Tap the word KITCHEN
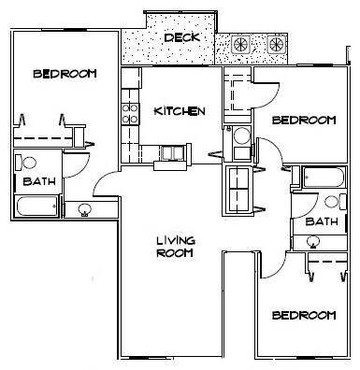point(179,111)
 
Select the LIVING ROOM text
point(175,246)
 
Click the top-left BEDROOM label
point(63,75)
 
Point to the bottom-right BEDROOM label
point(303,316)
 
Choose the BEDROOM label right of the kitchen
point(303,121)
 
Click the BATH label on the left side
point(38,181)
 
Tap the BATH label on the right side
point(321,221)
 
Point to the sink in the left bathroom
point(86,208)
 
